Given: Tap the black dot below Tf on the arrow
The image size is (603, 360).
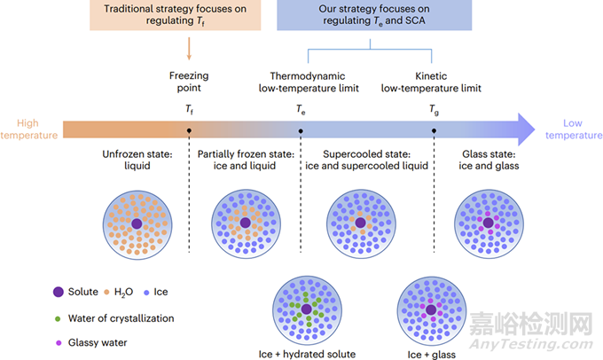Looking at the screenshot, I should tap(189, 130).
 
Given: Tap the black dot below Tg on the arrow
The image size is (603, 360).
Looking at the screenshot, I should tap(433, 130).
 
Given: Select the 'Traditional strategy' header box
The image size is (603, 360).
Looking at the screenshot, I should tap(188, 16).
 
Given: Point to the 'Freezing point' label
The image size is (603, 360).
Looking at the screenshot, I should tap(189, 82).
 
